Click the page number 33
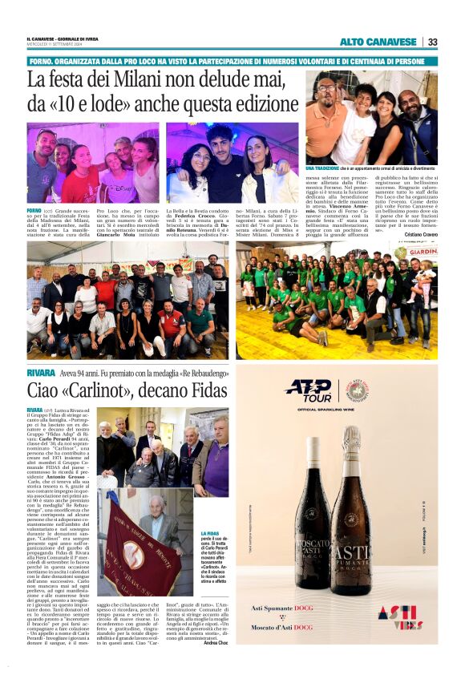click(x=432, y=42)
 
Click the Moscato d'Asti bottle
click(x=310, y=513)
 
